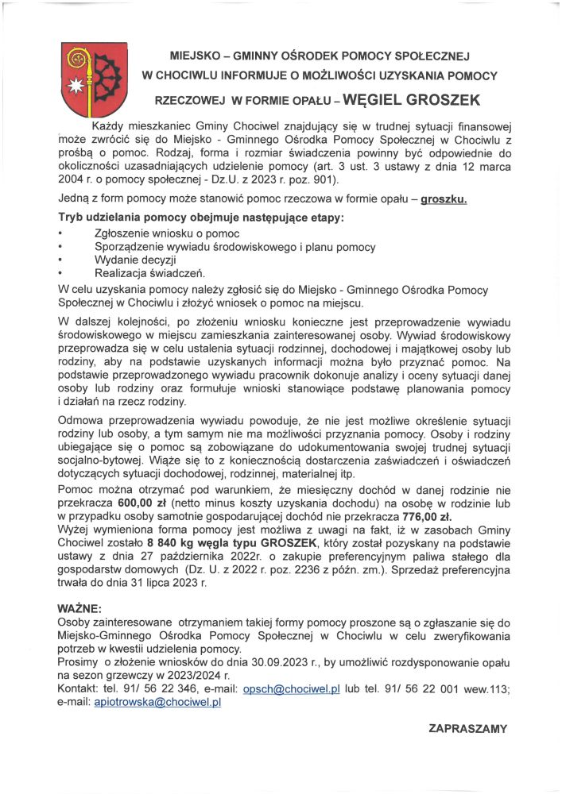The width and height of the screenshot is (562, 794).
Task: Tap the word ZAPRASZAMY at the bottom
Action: pos(468,727)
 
